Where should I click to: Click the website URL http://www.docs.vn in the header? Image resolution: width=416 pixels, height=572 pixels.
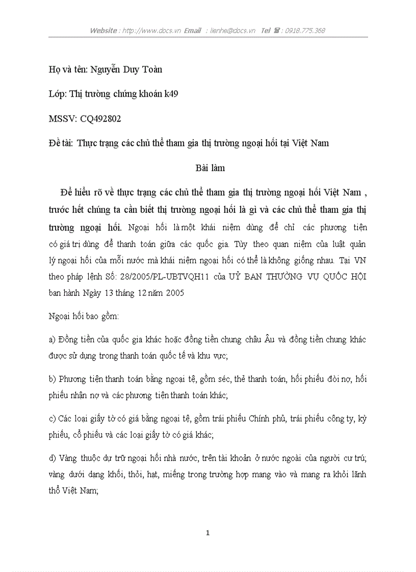tap(151, 31)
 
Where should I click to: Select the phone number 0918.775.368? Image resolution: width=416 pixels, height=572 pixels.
tap(305, 31)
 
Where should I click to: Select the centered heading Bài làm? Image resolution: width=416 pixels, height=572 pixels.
tap(210, 168)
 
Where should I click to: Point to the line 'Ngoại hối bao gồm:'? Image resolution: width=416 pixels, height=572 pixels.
tap(84, 316)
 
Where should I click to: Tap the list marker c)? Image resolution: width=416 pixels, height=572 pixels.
tap(51, 419)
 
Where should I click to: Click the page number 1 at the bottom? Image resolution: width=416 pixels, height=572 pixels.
tap(207, 533)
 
